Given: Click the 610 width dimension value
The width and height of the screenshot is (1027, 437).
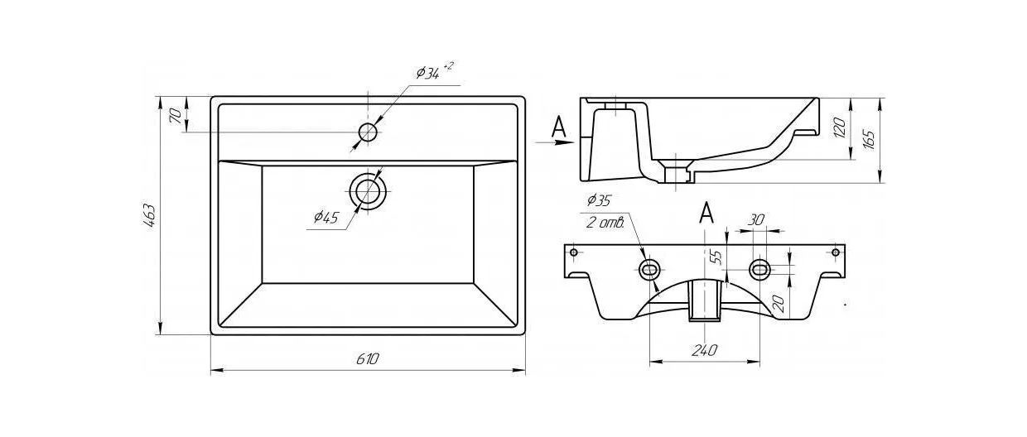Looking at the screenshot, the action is click(x=368, y=358).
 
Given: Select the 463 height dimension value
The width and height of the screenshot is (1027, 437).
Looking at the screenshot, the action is click(x=149, y=215).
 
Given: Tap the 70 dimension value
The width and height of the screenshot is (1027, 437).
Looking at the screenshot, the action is click(x=176, y=116).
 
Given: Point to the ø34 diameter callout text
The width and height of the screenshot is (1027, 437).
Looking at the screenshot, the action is click(x=434, y=71).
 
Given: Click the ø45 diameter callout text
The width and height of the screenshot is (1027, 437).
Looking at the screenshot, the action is click(x=326, y=217).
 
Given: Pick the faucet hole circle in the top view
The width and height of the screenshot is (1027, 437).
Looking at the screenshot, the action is click(x=368, y=132).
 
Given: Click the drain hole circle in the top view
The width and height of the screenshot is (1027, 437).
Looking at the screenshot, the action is click(x=368, y=191).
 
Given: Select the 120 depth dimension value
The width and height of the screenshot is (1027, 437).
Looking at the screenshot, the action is click(x=839, y=127).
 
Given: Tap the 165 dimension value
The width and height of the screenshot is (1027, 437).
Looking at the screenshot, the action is click(x=868, y=139).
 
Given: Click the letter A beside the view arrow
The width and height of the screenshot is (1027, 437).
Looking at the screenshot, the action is click(x=558, y=127).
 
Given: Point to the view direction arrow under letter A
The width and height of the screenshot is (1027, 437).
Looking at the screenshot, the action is click(x=554, y=142).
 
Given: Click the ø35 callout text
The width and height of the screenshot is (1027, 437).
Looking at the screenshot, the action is click(x=600, y=200).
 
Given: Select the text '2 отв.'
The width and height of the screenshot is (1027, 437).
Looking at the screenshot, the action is click(x=605, y=223).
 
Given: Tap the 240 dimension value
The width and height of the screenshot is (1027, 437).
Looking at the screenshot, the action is click(x=704, y=350).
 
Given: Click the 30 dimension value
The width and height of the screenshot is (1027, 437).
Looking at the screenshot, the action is click(x=756, y=220).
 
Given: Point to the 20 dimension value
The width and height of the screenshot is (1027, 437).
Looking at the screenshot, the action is click(x=778, y=304).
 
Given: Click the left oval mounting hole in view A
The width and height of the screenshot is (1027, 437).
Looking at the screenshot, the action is click(x=649, y=269).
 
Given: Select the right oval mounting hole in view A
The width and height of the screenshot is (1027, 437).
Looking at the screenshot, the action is click(x=759, y=269).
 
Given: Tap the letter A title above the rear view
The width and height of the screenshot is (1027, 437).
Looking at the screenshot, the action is click(x=706, y=213).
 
